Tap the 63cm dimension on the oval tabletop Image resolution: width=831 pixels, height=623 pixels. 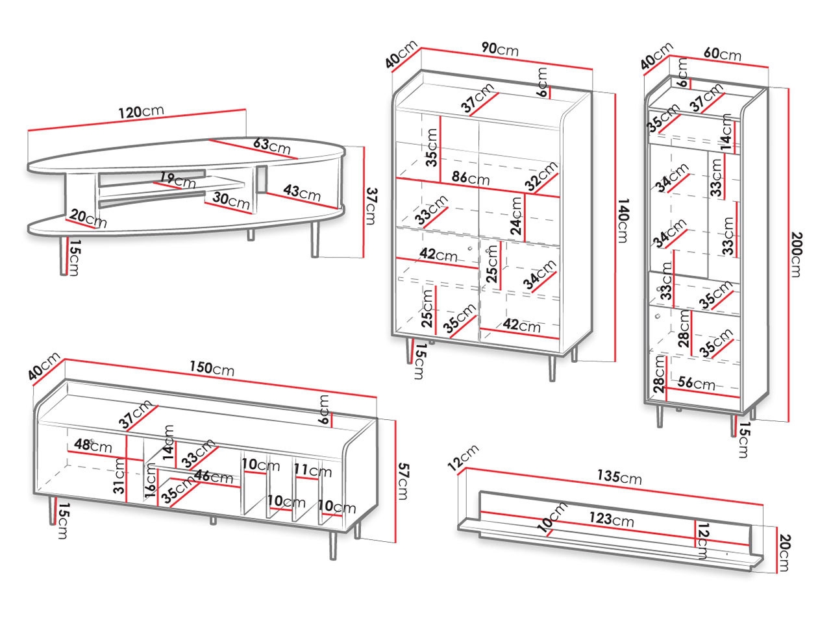tap(271, 145)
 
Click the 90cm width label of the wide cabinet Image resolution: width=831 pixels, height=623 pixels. tap(499, 49)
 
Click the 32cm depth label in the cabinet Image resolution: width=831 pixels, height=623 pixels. tap(541, 176)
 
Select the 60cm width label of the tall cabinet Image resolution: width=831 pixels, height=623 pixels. tap(721, 55)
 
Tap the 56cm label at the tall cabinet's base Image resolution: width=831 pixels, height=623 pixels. tap(696, 384)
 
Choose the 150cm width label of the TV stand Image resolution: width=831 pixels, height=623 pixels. tap(213, 368)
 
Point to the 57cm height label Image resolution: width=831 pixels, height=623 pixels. tap(403, 481)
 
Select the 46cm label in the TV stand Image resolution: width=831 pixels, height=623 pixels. tap(213, 477)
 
